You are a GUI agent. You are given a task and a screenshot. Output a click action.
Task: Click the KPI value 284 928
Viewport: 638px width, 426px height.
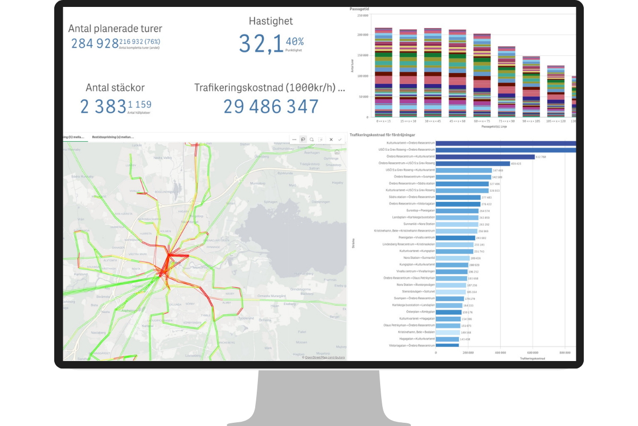tap(95, 43)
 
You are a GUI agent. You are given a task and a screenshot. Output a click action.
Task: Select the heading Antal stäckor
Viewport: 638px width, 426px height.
tap(115, 88)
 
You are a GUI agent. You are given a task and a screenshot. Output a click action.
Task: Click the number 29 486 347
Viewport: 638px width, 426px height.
tap(271, 106)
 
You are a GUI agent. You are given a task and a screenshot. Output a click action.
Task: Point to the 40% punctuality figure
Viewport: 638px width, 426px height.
tap(295, 42)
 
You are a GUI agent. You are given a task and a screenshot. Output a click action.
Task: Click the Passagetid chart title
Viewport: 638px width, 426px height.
tap(359, 10)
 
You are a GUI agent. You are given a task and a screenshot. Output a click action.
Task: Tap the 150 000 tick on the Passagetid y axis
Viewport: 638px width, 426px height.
tap(363, 55)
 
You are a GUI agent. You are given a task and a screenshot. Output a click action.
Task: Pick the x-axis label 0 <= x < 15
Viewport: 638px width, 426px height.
tap(383, 122)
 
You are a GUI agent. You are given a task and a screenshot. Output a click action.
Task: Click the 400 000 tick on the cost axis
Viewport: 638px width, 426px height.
tap(500, 353)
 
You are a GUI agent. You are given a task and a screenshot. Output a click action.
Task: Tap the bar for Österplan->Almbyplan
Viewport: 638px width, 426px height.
tap(449, 312)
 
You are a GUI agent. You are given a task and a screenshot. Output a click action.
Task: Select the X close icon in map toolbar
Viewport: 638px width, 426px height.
tap(331, 140)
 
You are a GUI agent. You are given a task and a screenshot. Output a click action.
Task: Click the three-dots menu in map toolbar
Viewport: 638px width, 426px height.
tap(295, 140)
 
